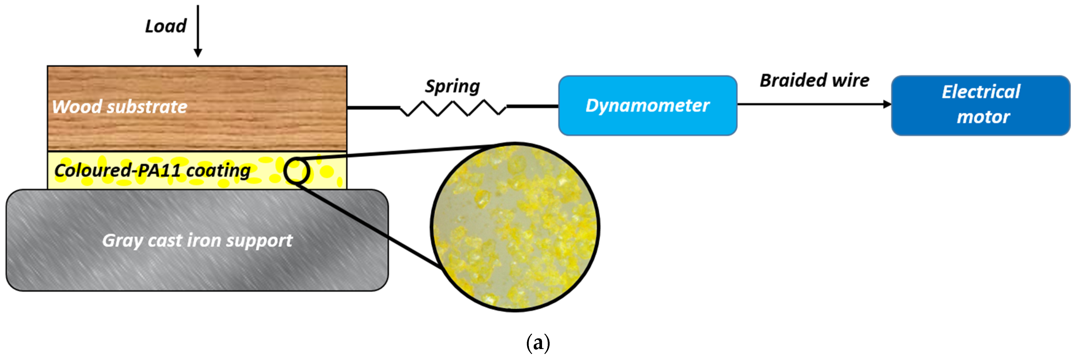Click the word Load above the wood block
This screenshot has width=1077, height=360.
pyautogui.click(x=166, y=26)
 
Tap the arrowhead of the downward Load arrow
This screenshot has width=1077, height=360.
pyautogui.click(x=198, y=53)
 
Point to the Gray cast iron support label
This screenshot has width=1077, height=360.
pyautogui.click(x=197, y=240)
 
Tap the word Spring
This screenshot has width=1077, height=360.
pyautogui.click(x=452, y=86)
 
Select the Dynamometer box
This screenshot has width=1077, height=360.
pyautogui.click(x=648, y=105)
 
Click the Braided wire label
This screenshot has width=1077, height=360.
pyautogui.click(x=814, y=80)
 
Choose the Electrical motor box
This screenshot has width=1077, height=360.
pyautogui.click(x=981, y=105)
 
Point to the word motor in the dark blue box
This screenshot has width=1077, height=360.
pyautogui.click(x=983, y=117)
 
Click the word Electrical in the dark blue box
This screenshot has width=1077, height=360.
pyautogui.click(x=981, y=92)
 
